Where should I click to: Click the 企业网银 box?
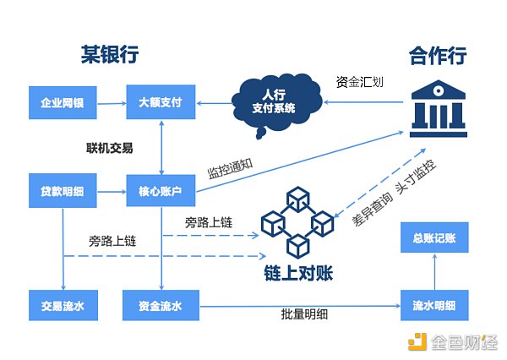63,104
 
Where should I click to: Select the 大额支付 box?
161,104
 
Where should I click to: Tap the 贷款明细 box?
63,192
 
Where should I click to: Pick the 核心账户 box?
161,192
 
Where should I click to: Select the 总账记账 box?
434,238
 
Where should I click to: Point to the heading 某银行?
104,56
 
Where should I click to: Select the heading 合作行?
438,56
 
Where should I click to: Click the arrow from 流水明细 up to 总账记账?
434,271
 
